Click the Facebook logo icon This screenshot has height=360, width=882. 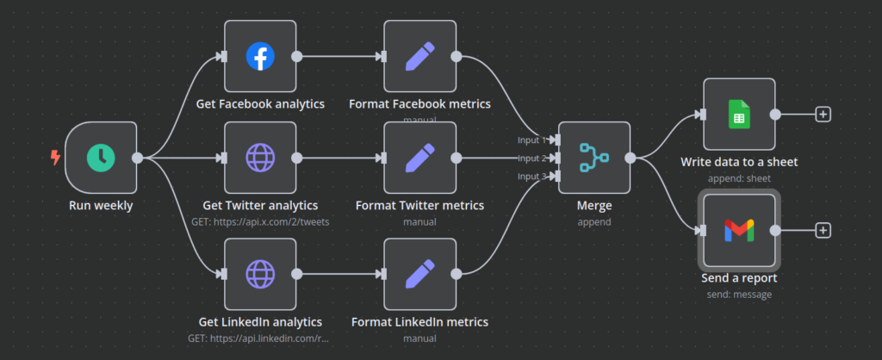click(x=260, y=57)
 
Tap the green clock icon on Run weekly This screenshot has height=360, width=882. click(x=101, y=158)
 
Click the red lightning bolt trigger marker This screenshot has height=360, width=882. click(x=56, y=158)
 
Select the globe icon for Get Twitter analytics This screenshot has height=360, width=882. click(x=260, y=158)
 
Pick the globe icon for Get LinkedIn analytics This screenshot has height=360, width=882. click(x=260, y=275)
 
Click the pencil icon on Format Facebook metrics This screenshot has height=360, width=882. click(x=419, y=57)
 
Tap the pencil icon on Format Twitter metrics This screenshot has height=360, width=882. click(x=419, y=158)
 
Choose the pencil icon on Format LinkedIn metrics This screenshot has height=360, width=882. click(x=419, y=275)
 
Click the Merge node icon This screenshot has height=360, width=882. click(x=594, y=158)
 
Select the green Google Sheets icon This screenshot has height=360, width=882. click(x=739, y=114)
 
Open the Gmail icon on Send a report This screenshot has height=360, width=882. click(x=739, y=230)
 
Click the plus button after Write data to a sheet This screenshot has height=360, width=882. click(x=823, y=114)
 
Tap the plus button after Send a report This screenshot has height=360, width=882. click(x=823, y=230)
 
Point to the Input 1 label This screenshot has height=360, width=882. click(x=531, y=140)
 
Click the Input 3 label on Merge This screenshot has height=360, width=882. click(x=531, y=177)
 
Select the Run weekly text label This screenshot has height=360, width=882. click(x=101, y=205)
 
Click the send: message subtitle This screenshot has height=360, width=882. click(x=739, y=294)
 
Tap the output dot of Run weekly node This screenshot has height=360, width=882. click(x=137, y=158)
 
